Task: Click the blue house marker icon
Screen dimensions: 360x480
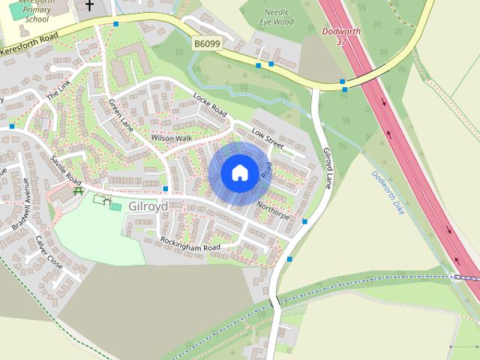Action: click(239, 172)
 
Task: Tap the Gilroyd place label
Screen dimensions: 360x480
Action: click(148, 205)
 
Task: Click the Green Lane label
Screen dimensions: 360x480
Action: click(120, 115)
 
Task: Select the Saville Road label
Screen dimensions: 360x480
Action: click(66, 169)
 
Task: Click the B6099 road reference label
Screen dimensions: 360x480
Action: click(206, 44)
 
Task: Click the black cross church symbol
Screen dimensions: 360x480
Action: click(90, 4)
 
